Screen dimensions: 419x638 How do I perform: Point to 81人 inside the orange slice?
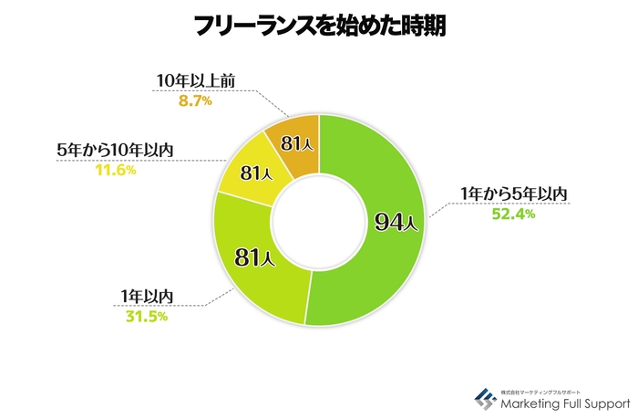(296, 143)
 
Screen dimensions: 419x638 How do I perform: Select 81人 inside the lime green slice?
(250, 257)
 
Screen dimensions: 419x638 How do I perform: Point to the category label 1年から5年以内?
(515, 194)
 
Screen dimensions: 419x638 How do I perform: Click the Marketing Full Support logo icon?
(484, 399)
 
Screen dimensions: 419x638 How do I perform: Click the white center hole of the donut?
(318, 221)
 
